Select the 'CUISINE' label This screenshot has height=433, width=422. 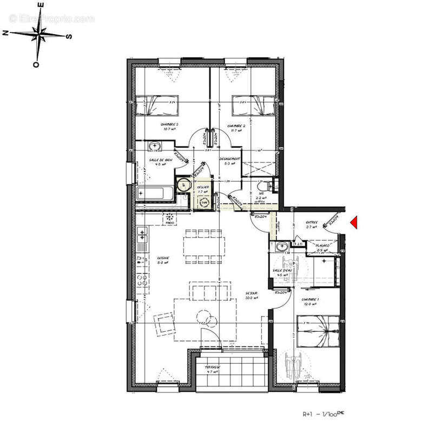click(163, 258)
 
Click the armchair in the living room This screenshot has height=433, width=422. click(163, 324)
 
